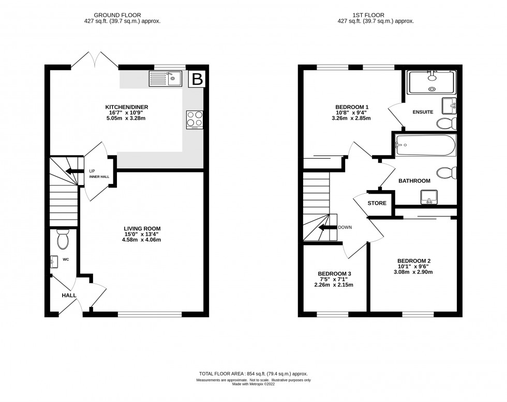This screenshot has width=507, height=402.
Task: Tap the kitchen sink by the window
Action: pos(165,79)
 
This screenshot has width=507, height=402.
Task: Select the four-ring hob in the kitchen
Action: pos(195,119)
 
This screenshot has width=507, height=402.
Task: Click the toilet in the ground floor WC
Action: pos(63,239)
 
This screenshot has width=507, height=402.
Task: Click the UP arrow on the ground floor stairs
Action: pos(72,173)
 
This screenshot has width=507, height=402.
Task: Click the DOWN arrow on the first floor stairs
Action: pos(327,227)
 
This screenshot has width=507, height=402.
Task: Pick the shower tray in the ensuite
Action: pos(432,83)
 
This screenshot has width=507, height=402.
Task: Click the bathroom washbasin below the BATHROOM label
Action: pos(429,196)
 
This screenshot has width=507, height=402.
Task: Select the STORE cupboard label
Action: pos(377,203)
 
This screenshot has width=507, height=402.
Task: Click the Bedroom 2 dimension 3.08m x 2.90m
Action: pos(414,272)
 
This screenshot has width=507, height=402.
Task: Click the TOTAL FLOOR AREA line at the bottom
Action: pos(253,374)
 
